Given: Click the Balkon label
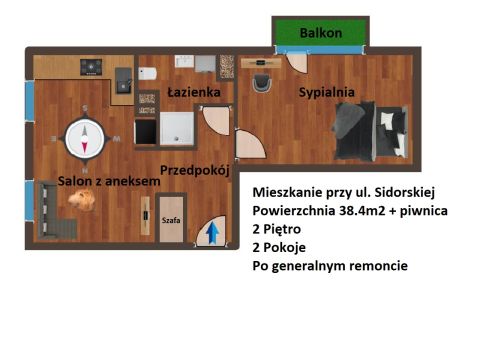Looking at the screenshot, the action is pyautogui.click(x=321, y=33).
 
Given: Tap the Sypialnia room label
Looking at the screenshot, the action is pyautogui.click(x=327, y=92).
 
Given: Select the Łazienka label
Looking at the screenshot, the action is pyautogui.click(x=194, y=92).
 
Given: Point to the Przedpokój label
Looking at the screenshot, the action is pyautogui.click(x=195, y=170).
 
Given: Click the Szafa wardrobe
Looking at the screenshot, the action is pyautogui.click(x=171, y=219).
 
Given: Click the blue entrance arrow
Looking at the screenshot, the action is pyautogui.click(x=212, y=233).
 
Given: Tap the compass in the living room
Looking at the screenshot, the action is pyautogui.click(x=85, y=138).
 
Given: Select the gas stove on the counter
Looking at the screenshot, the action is pyautogui.click(x=91, y=67).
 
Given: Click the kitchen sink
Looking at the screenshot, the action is pyautogui.click(x=124, y=80).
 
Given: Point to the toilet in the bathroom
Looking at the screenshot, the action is pyautogui.click(x=147, y=73).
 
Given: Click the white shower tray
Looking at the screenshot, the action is pyautogui.click(x=177, y=128).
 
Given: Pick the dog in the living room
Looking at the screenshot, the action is pyautogui.click(x=82, y=199).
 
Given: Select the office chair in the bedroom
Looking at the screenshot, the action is pyautogui.click(x=262, y=83).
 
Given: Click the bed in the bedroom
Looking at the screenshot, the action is pyautogui.click(x=371, y=131).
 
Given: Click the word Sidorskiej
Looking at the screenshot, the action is pyautogui.click(x=405, y=192).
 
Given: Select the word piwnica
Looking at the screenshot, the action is pyautogui.click(x=424, y=211).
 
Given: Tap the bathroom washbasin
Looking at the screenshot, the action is pyautogui.click(x=184, y=61).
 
